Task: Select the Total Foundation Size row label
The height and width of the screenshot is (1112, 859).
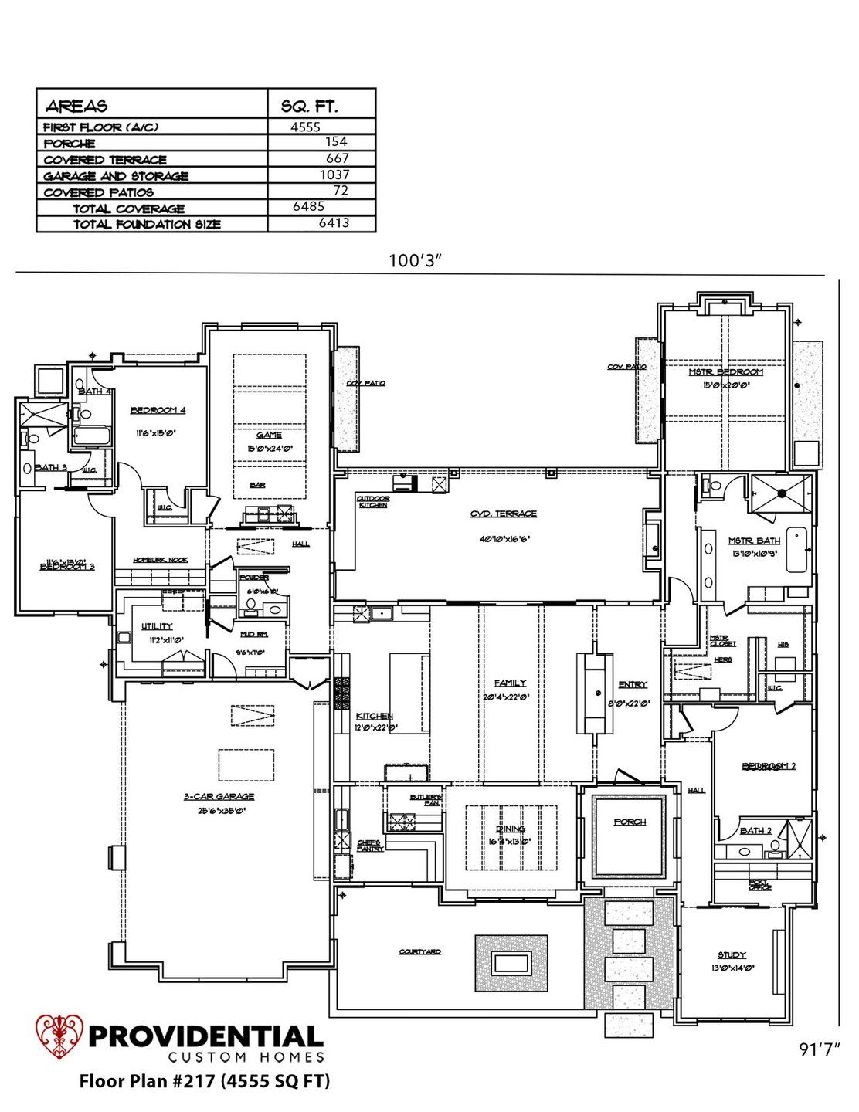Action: (x=147, y=225)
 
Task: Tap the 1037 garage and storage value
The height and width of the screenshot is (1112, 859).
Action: (x=334, y=175)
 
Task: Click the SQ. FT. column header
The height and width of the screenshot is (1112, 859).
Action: (x=309, y=106)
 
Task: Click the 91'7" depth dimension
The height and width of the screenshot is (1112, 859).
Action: (x=820, y=1049)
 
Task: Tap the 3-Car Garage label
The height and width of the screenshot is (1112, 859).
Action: (x=219, y=796)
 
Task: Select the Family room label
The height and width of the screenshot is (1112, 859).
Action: (x=510, y=683)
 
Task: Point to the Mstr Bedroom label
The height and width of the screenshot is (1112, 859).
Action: (x=725, y=372)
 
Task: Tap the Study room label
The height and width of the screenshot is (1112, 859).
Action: (x=731, y=955)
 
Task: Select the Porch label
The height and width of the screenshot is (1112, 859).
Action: (x=630, y=822)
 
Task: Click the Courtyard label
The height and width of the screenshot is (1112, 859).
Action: (x=420, y=951)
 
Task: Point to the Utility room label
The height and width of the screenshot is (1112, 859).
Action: (x=157, y=626)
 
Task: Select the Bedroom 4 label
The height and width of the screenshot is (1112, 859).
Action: (x=158, y=410)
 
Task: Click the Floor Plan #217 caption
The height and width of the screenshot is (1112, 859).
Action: (x=205, y=1081)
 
